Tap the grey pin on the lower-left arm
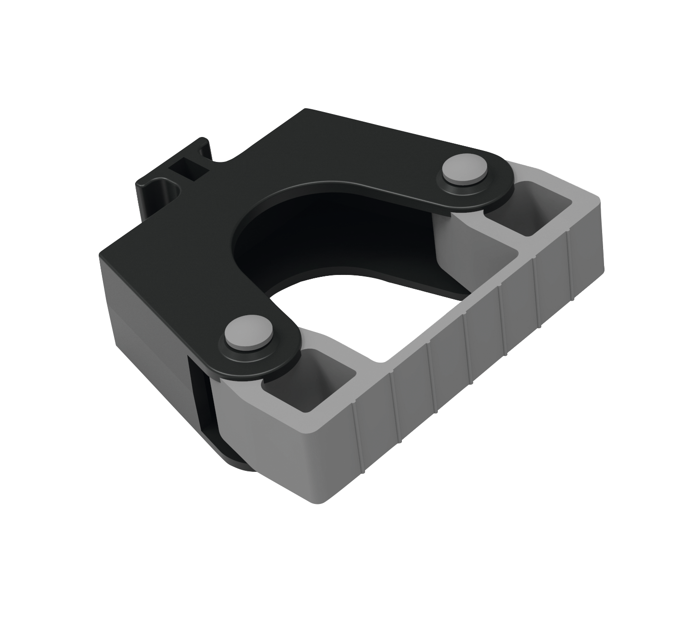click(x=248, y=332)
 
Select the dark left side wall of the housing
click(x=144, y=316)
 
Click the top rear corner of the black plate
click(x=305, y=110)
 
